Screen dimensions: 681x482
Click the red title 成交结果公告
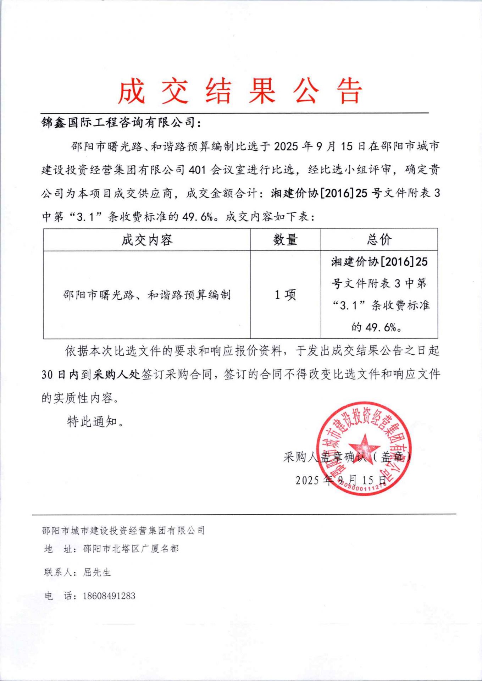click(240, 92)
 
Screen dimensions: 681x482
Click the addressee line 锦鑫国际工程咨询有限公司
click(121, 123)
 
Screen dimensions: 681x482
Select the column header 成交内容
click(147, 240)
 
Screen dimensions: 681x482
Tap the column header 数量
click(285, 240)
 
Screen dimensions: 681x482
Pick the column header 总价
click(379, 240)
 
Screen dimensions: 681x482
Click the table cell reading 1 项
click(285, 295)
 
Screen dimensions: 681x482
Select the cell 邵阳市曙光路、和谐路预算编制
click(147, 295)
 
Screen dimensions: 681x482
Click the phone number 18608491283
click(109, 596)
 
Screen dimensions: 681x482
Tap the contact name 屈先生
click(97, 572)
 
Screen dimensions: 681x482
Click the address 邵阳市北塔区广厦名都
click(131, 549)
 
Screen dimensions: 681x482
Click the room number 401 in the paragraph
click(197, 170)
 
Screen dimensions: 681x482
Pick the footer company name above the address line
click(123, 531)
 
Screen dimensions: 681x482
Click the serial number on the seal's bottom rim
click(362, 489)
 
